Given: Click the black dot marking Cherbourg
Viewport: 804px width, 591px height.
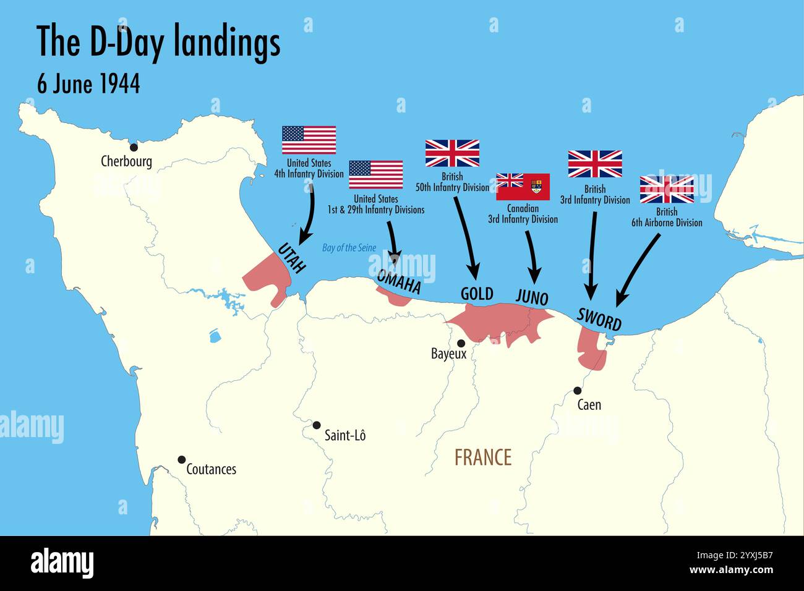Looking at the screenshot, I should coord(133,147).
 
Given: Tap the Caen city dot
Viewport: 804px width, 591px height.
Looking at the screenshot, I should coord(577,391).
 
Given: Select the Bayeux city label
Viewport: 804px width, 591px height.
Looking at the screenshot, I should coord(448,354).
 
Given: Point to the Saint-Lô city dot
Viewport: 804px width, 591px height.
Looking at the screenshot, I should coord(317,425).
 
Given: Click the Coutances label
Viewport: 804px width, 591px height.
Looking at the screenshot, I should coord(211,469).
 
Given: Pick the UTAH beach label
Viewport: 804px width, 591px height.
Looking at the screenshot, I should coord(291,258).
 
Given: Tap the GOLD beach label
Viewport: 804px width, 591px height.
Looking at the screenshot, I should coord(477,294).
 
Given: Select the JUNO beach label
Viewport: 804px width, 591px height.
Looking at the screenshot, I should coord(532,297).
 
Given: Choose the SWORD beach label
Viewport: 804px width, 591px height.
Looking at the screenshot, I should coord(599,318).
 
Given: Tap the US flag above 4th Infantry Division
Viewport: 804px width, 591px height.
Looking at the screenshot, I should coord(309,140).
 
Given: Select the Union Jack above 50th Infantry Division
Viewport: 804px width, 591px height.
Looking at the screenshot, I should coord(452,154).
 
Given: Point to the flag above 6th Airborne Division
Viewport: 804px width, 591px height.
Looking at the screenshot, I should coord(667,189).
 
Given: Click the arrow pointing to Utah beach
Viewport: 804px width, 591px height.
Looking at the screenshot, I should coord(309,213).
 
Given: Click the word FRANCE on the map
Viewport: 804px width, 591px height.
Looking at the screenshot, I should coord(483,457).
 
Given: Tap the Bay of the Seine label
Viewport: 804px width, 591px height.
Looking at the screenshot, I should coord(349,248).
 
